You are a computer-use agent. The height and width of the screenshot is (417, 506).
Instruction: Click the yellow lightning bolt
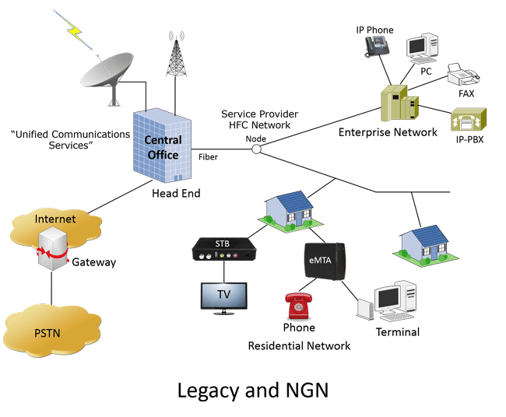pyautogui.click(x=75, y=28)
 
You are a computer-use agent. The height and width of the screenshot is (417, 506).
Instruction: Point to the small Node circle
pyautogui.click(x=255, y=149)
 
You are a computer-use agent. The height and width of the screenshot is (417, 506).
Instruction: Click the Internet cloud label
pyautogui.click(x=55, y=219)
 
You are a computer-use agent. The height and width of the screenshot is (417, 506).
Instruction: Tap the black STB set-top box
pyautogui.click(x=223, y=249)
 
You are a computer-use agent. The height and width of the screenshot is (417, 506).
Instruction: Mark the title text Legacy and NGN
pyautogui.click(x=252, y=389)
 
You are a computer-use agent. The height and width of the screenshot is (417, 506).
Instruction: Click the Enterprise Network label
pyautogui.click(x=388, y=132)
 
